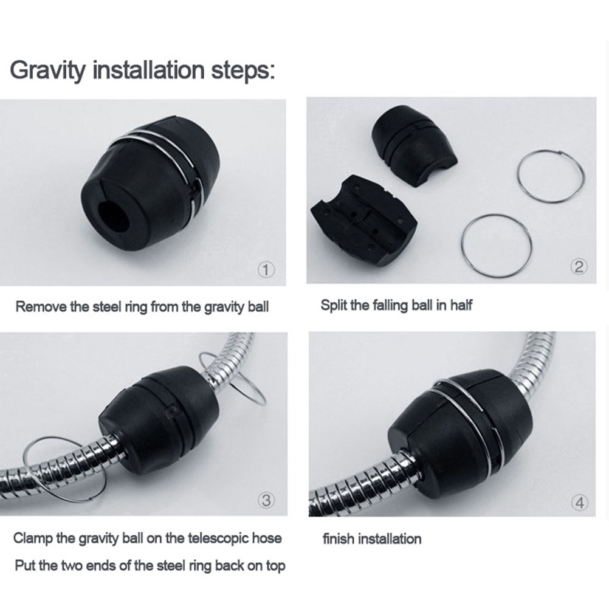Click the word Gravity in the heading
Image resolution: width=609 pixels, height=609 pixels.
[x=47, y=70]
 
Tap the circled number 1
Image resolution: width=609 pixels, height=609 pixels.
[x=266, y=269]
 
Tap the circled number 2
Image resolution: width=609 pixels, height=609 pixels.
[x=579, y=267]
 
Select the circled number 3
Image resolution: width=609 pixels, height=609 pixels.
[x=266, y=500]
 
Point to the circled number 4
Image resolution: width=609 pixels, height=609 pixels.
[x=579, y=503]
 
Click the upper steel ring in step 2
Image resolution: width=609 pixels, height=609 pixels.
[x=551, y=176]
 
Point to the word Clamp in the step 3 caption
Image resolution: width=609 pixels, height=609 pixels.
[x=33, y=538]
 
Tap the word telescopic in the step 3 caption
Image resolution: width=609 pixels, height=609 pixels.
[x=218, y=538]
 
